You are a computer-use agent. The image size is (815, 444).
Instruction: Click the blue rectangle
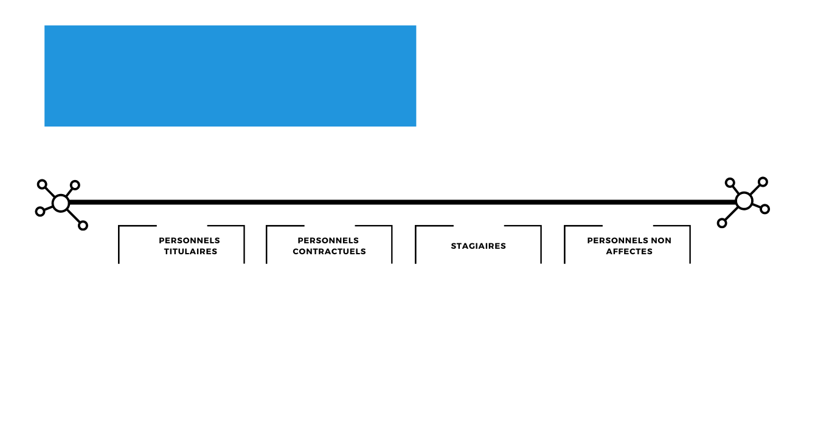coord(231,76)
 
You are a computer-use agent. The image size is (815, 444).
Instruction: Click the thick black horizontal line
coord(403,202)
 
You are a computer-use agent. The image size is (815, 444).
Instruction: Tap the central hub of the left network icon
coord(61,203)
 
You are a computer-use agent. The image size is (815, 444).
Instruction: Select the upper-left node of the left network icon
coord(42,184)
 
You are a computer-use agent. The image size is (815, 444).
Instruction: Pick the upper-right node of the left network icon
coord(75,186)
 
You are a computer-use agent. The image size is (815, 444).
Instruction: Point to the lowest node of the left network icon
coord(83,226)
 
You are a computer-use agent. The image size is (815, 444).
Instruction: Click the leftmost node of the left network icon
coord(40,212)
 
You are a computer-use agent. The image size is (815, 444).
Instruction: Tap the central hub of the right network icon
coord(744,201)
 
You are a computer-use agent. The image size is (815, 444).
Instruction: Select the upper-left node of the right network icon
coord(730,182)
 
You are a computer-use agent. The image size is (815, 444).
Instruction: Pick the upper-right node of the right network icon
coord(763,182)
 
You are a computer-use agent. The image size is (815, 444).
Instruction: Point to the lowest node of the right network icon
coord(722,223)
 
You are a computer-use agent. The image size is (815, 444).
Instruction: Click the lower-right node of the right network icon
coord(765,209)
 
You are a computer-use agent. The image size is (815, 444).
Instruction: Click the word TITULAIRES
coord(190,251)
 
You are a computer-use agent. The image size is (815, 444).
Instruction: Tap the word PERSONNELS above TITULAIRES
coord(190,241)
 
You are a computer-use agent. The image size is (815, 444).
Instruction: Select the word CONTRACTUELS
coord(329,251)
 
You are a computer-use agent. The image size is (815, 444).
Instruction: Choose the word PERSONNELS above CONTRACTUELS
coord(328,241)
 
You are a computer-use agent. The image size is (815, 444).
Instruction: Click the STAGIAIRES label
coord(479,246)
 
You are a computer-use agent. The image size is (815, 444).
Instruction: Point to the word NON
coord(661,241)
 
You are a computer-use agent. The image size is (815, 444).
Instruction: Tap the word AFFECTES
coord(629,251)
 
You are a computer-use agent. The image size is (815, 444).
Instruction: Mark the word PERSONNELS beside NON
coord(618,241)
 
